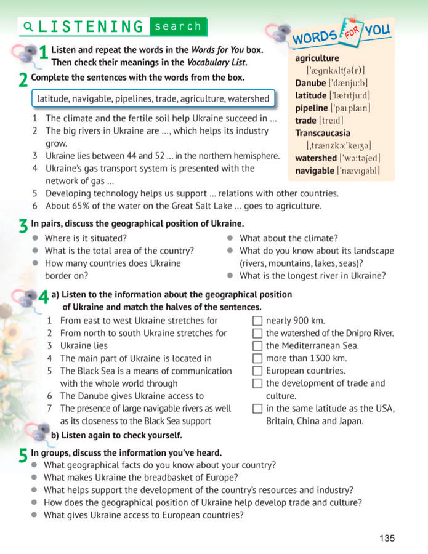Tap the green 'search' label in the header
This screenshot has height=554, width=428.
178,26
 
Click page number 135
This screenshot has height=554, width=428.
387,538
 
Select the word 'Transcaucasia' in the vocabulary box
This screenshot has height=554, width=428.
323,133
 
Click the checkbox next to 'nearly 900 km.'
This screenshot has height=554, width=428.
258,321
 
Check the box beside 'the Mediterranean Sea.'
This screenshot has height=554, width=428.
258,346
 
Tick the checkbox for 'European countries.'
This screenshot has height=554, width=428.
258,371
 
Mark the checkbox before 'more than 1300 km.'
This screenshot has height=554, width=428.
258,358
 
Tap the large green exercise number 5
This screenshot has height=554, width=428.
23,455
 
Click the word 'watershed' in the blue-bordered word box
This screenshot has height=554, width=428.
248,98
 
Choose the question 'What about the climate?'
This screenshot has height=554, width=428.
288,238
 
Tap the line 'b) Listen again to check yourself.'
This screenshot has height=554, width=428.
116,435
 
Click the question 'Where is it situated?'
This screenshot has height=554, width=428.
86,238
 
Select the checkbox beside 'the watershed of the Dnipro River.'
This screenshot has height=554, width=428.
258,334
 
